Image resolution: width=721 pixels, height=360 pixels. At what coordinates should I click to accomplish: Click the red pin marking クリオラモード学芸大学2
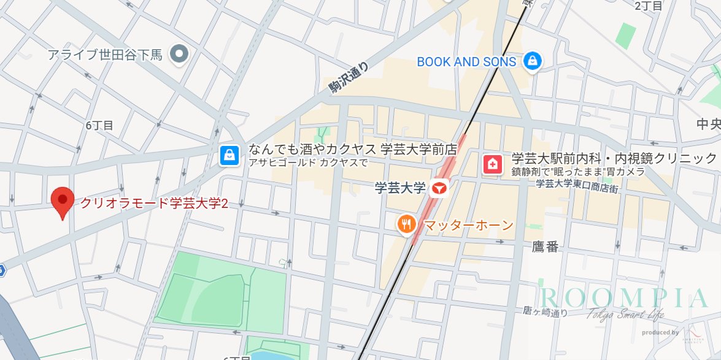62,201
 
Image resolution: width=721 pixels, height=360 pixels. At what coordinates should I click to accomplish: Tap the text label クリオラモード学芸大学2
155,203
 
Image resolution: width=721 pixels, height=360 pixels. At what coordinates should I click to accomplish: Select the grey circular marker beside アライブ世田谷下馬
180,54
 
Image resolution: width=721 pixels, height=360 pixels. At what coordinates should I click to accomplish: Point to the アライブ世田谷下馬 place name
105,55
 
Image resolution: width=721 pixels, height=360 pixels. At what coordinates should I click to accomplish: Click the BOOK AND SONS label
466,61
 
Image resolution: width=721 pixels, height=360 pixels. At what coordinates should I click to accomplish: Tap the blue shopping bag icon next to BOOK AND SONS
532,61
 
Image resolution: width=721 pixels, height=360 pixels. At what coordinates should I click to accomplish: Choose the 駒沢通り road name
349,80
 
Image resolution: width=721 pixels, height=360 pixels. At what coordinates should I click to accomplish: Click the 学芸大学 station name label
400,188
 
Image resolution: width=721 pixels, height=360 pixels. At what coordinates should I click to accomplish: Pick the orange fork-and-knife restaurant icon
406,225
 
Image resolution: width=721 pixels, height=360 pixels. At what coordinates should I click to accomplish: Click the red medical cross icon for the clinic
492,164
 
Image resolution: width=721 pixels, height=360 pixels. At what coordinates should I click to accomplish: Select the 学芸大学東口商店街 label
577,183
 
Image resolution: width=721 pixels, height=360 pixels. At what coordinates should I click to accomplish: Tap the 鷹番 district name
545,247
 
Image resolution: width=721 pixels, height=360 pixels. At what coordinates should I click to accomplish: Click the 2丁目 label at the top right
649,6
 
